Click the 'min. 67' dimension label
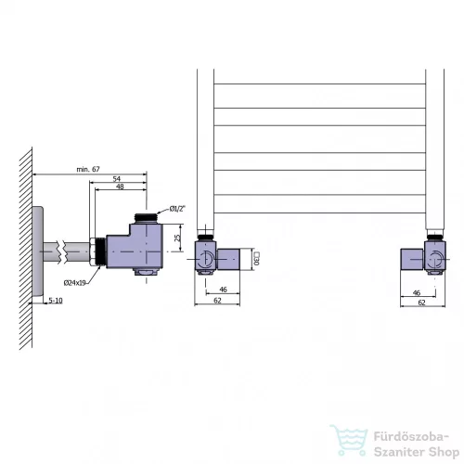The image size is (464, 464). tap(88, 169)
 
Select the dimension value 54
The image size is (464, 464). tap(117, 179)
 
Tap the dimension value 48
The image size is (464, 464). tap(120, 187)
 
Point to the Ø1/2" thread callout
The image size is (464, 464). tap(177, 209)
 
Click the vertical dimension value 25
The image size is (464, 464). tap(177, 238)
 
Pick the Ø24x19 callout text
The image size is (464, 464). tap(75, 283)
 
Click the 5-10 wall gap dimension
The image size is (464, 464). tap(56, 301)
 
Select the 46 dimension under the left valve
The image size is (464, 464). tap(223, 290)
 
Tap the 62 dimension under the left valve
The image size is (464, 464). tap(217, 301)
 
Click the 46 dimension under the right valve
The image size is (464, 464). tap(417, 292)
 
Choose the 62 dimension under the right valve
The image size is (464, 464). tap(421, 303)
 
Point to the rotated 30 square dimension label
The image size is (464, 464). tap(257, 258)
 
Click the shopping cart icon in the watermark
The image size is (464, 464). tap(349, 440)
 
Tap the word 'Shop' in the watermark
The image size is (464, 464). tap(445, 452)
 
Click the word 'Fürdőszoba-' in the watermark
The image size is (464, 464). tap(411, 437)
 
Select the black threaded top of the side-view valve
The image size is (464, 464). tap(146, 217)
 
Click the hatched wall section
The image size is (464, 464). tap(26, 249)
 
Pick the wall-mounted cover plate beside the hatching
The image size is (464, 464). tap(38, 251)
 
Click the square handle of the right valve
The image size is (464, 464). tap(412, 259)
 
